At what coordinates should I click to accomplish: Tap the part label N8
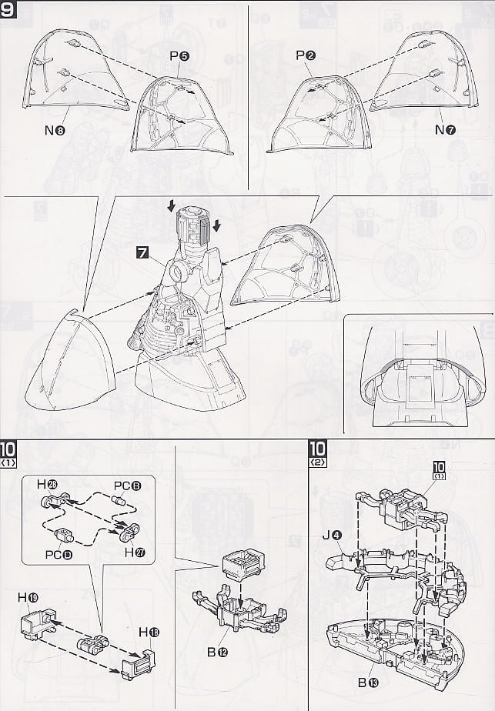[x=52, y=130]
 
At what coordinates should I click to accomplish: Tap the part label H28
[x=48, y=483]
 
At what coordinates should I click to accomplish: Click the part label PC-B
[x=127, y=485]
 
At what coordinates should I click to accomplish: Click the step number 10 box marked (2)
[x=316, y=451]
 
